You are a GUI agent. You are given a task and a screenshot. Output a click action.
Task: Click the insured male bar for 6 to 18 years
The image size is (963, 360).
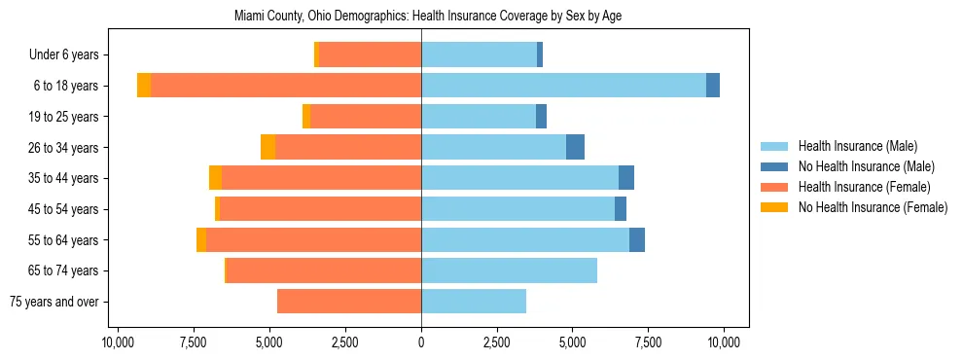pos(563,86)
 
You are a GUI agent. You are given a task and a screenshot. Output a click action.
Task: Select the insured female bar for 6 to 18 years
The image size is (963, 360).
pos(286,86)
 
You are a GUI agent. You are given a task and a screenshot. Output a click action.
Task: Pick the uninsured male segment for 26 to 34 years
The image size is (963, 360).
pos(575,147)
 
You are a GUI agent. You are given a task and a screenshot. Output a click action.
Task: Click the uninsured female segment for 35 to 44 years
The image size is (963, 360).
pos(215,178)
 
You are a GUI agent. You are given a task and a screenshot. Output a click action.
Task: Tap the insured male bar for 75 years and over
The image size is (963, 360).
pos(474,302)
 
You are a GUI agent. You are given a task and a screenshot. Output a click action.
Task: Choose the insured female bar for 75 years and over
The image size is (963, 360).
pos(349,302)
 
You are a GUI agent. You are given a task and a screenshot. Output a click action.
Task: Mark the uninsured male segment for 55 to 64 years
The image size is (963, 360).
pos(637,239)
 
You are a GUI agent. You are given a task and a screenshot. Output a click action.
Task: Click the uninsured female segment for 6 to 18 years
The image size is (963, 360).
pos(144,86)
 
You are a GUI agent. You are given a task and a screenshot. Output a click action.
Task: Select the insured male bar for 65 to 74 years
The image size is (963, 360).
pos(509,270)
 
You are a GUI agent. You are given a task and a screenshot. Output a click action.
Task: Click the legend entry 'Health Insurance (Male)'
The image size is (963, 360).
pos(857,146)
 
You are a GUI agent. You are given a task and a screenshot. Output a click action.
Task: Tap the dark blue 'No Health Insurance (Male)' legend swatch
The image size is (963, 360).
pos(774,166)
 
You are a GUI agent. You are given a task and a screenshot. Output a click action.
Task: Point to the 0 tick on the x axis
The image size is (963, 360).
pos(421,342)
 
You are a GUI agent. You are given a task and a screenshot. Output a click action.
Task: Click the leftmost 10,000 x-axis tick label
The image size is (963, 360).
pos(118,342)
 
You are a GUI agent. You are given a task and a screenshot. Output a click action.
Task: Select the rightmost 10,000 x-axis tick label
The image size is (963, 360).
pos(725,342)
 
